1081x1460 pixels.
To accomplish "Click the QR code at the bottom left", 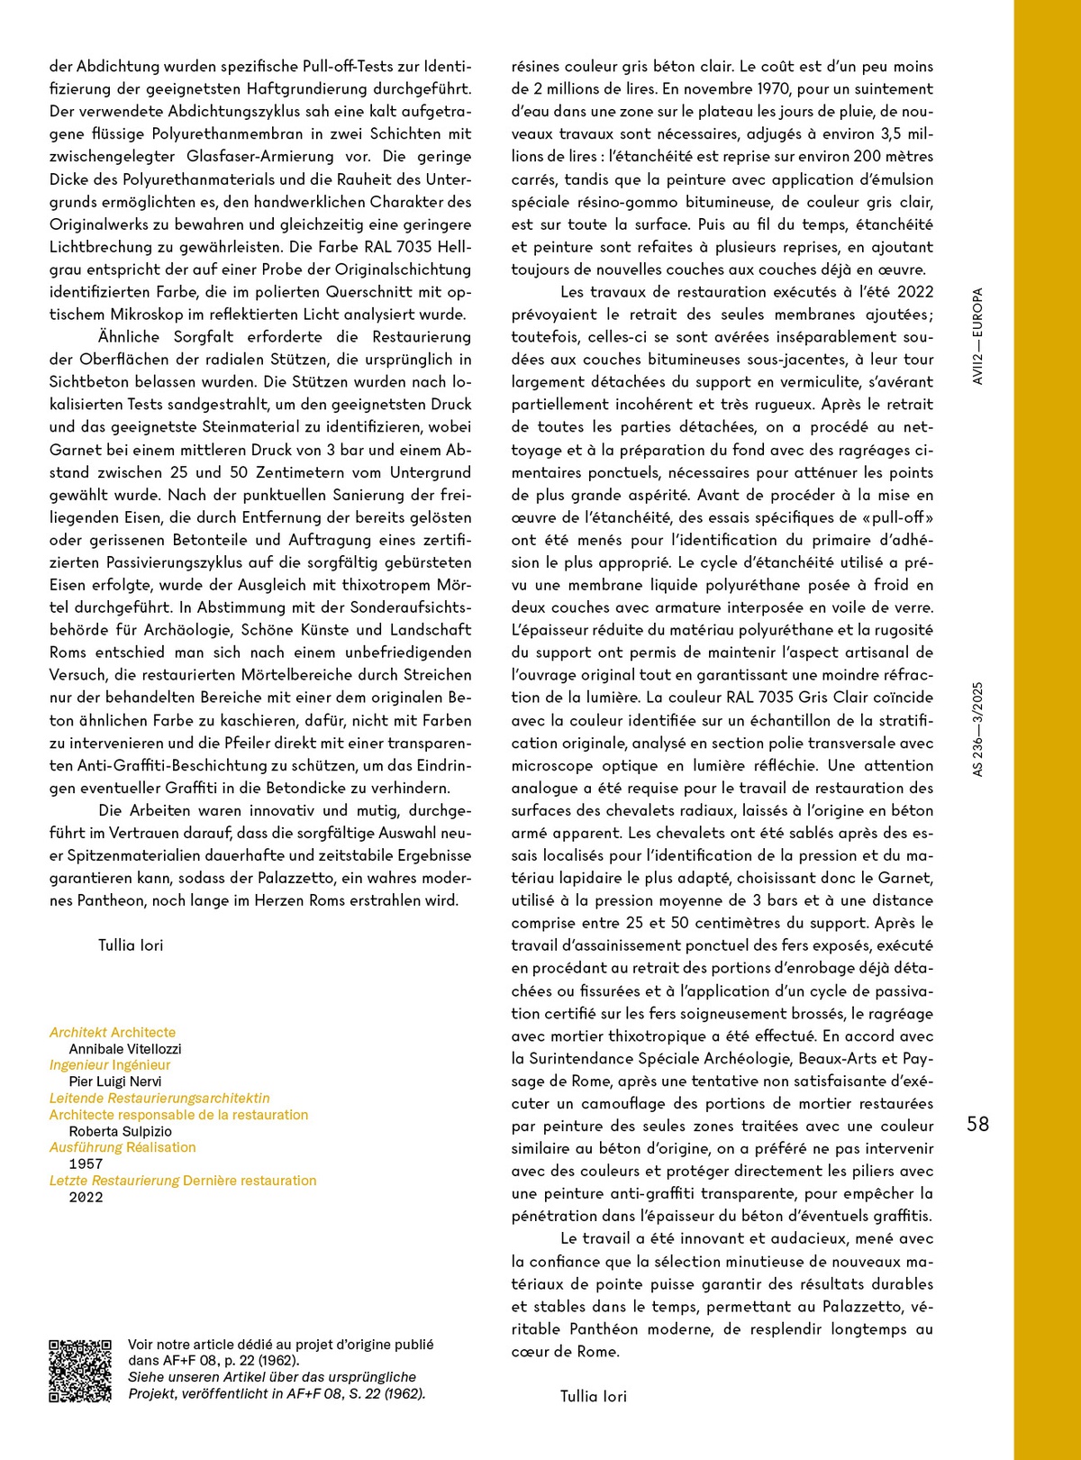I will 80,1371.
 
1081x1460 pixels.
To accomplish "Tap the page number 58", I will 977,1124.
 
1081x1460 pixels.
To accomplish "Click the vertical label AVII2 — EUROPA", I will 978,336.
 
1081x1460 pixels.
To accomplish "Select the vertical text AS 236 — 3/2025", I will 978,729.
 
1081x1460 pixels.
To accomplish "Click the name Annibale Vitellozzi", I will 125,1049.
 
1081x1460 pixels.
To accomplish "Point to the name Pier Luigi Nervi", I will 115,1081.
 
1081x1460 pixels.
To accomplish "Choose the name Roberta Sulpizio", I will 120,1131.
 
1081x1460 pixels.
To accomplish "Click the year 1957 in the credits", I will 86,1163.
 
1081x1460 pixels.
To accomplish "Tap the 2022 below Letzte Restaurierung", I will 86,1197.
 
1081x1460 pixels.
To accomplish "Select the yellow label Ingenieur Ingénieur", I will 110,1065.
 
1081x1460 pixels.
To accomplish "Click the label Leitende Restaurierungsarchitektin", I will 159,1098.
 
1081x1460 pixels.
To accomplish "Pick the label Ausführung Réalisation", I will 123,1147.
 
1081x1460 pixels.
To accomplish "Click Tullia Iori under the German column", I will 131,945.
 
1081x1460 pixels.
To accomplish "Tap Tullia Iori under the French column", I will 593,1396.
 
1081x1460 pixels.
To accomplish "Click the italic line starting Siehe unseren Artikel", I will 272,1377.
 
